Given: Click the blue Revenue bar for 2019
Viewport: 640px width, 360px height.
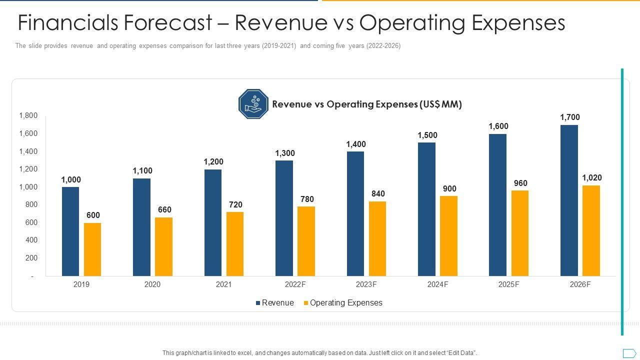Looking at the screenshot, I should (x=70, y=231).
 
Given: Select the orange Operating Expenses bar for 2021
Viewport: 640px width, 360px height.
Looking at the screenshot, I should (x=235, y=244).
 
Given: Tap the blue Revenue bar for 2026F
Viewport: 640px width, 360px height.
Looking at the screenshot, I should (x=569, y=200).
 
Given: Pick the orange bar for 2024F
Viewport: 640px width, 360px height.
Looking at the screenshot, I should (x=448, y=236).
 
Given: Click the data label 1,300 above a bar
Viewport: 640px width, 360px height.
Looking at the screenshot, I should (x=285, y=153).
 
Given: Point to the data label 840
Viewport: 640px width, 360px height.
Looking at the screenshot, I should (x=378, y=194).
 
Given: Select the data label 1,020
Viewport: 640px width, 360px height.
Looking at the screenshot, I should (x=592, y=178).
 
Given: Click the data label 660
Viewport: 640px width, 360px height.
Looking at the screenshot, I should (x=165, y=210).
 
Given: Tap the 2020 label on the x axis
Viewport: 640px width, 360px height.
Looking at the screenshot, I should (x=152, y=284).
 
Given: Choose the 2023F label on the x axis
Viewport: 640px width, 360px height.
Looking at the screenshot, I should (x=366, y=284).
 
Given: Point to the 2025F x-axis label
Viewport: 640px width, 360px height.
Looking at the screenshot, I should (x=509, y=284).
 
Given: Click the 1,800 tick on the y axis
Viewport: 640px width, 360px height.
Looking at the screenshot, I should (x=28, y=116).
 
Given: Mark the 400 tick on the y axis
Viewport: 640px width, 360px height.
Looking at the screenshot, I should (x=31, y=240).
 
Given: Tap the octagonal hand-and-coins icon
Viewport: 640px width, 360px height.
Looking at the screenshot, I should (x=253, y=104).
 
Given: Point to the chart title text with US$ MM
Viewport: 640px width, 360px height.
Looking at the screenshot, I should (x=367, y=104).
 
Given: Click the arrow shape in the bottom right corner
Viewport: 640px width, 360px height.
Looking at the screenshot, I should (x=629, y=352).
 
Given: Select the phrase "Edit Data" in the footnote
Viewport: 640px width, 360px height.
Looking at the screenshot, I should (x=460, y=353).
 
